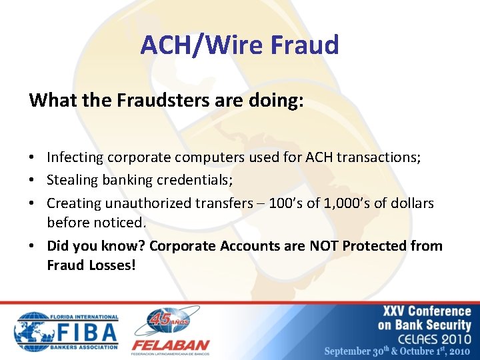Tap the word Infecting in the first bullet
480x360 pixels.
pyautogui.click(x=75, y=157)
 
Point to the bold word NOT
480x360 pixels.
pyautogui.click(x=325, y=245)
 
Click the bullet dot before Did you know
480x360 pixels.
pyautogui.click(x=33, y=246)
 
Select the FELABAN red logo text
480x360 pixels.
pyautogui.click(x=171, y=346)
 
